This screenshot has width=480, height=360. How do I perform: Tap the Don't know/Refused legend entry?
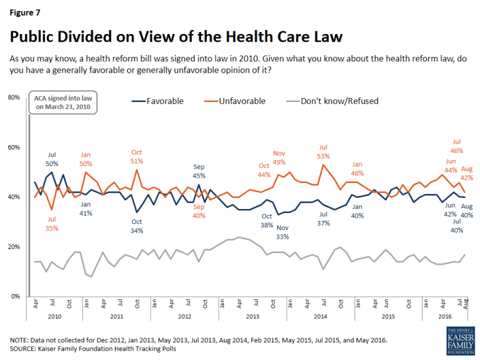[x=342, y=101]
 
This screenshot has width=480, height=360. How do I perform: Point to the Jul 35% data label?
[x=52, y=223]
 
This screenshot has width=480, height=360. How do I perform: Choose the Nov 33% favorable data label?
[x=283, y=232]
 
